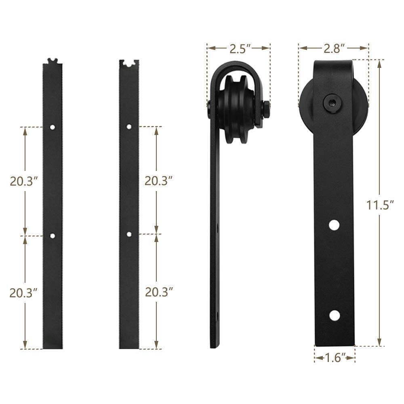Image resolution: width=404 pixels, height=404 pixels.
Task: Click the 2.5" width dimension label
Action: tap(239, 49)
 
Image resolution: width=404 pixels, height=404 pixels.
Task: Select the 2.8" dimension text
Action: tap(334, 49)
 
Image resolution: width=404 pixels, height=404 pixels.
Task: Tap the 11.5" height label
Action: tap(380, 205)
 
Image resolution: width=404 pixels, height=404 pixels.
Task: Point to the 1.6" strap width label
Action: tap(335, 357)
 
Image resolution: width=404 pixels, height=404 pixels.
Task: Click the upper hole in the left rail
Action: tap(53, 127)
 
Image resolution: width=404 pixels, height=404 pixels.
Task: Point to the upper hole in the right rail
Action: tap(129, 126)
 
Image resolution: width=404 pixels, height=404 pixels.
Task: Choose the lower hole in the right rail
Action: tap(129, 234)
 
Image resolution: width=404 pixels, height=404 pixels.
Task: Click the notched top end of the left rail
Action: tap(53, 62)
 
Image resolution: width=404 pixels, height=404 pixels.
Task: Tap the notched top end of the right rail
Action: tap(129, 63)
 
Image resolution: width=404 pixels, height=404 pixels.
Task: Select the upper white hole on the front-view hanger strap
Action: tap(334, 225)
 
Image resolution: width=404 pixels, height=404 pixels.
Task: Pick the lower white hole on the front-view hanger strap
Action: tap(334, 315)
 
